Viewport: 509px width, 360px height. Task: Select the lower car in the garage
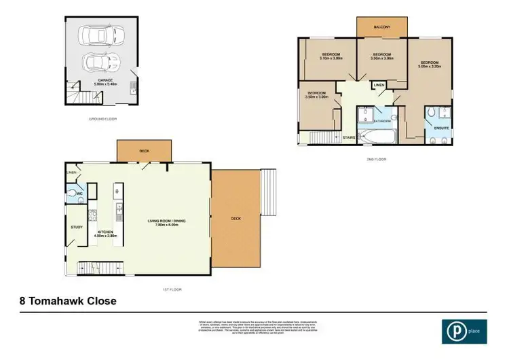101,62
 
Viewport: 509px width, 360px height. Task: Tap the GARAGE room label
105,81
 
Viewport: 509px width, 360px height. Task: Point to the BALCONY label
381,27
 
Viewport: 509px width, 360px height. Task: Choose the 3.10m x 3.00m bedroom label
331,55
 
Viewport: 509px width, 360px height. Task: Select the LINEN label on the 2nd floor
377,85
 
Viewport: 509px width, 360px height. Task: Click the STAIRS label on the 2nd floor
349,137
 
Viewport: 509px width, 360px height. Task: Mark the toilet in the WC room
73,194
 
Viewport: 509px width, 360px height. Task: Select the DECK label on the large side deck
235,219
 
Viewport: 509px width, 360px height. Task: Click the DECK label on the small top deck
144,151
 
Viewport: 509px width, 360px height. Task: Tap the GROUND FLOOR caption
102,118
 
